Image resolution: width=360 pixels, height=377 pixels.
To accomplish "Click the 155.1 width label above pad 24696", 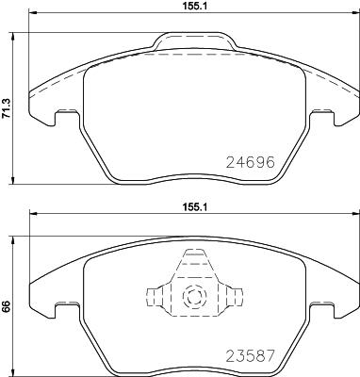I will click(195, 7).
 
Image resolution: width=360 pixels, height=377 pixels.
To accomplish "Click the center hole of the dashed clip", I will click(195, 298).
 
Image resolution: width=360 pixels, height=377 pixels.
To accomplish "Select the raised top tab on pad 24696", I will click(195, 41).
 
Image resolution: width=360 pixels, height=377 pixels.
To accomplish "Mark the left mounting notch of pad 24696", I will click(67, 117).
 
